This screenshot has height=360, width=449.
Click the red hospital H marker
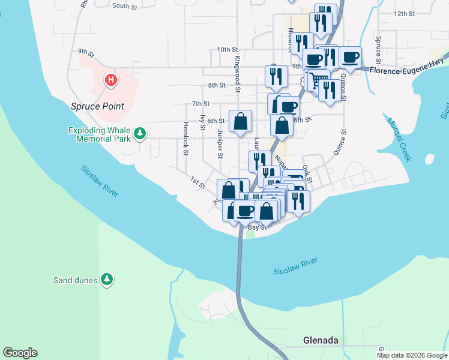[x=110, y=80]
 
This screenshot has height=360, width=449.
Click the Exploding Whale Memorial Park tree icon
[x=140, y=133]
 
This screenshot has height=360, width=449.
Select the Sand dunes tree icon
[x=107, y=279]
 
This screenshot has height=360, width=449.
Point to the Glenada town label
[x=321, y=340]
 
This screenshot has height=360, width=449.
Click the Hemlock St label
[x=185, y=139]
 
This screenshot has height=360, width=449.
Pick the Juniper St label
[x=220, y=145]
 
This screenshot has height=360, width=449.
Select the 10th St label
[x=228, y=49]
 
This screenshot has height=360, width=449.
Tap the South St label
[x=125, y=6]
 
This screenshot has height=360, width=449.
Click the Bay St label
[x=257, y=227]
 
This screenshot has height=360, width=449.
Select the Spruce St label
[x=378, y=50]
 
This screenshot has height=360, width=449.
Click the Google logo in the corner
[x=20, y=353]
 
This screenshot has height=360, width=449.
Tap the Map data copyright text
[x=412, y=355]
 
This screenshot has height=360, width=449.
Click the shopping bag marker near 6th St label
[x=240, y=122]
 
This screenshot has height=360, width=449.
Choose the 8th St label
[x=216, y=85]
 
